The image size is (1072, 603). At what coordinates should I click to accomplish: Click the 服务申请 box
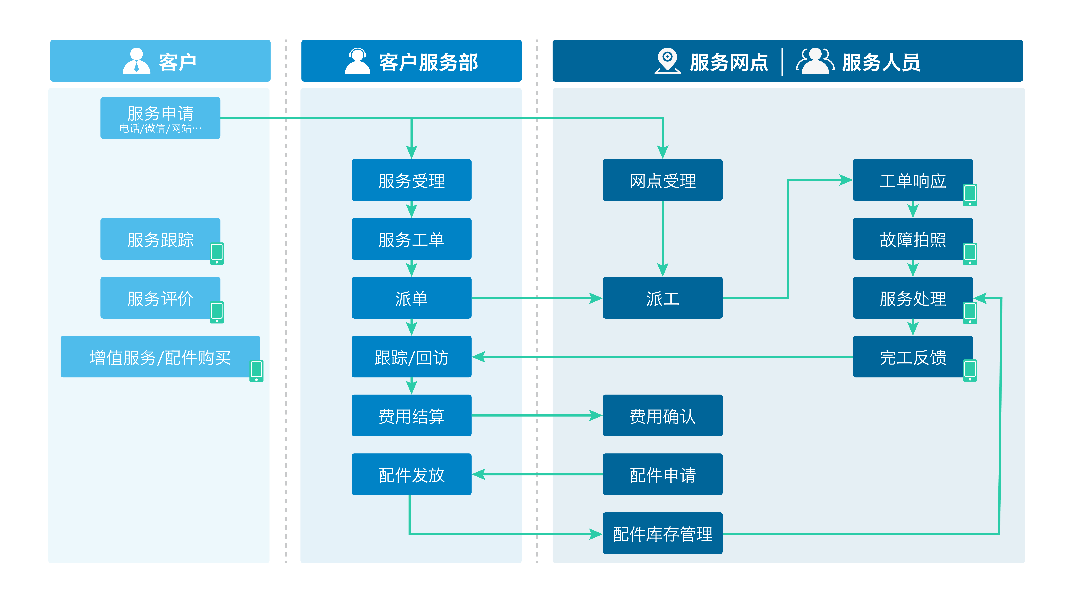(160, 118)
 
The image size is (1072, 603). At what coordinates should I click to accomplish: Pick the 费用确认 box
(663, 415)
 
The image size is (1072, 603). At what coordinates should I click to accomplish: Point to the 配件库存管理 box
(663, 533)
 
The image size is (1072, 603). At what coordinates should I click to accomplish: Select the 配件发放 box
(411, 474)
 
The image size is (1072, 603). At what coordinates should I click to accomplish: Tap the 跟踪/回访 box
(411, 357)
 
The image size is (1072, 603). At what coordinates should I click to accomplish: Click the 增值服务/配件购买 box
(160, 357)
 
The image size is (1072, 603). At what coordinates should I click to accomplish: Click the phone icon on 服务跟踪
(217, 253)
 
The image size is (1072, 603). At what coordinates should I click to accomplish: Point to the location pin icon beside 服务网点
(668, 61)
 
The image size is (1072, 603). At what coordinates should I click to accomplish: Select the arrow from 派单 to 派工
(537, 298)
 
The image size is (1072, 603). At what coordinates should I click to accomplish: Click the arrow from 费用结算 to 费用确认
(537, 415)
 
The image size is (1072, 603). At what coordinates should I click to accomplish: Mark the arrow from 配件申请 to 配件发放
(537, 474)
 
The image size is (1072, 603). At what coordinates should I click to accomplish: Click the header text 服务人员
(881, 62)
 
